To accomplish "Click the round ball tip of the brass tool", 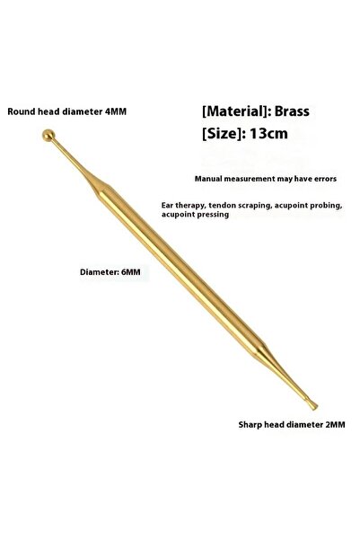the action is (48, 135).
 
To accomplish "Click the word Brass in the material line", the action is (292, 111).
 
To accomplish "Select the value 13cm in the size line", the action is (268, 133).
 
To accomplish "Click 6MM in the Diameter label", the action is (131, 271).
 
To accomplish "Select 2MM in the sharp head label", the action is (335, 425).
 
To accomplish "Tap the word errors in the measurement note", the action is (326, 179).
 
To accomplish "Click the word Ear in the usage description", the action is (167, 205).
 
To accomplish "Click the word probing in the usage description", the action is (329, 206).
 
